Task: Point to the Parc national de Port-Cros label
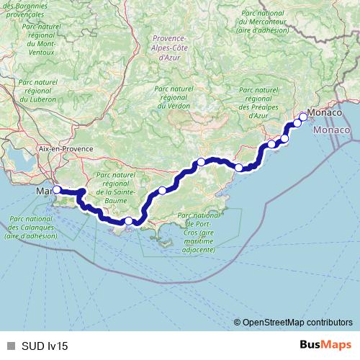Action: (198, 233)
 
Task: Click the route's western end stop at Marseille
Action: (57, 190)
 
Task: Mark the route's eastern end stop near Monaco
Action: (303, 117)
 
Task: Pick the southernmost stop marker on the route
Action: (128, 221)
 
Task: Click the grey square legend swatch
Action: (9, 346)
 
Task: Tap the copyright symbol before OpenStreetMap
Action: (238, 323)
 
